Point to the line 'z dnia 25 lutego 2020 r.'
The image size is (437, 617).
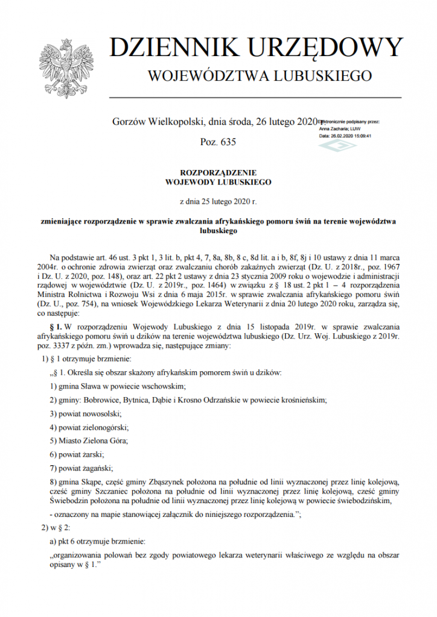pyautogui.click(x=218, y=200)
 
